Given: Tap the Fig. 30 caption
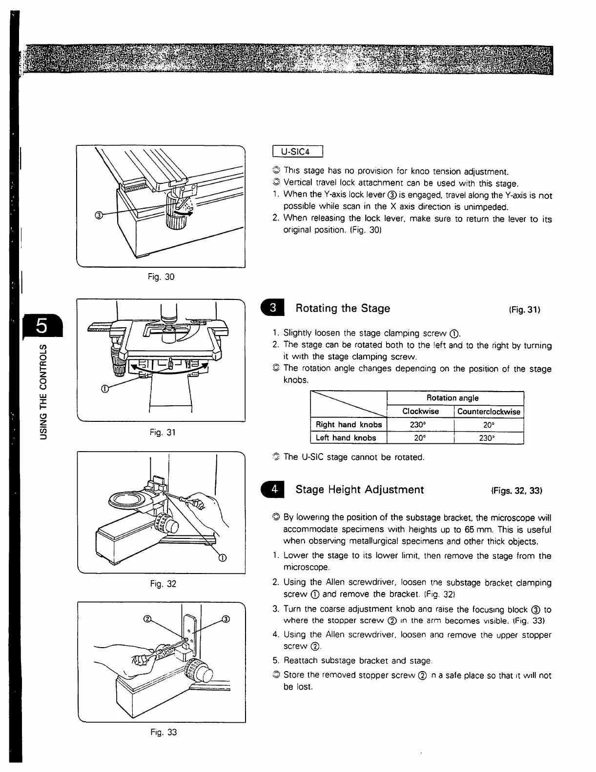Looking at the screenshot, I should pyautogui.click(x=161, y=277).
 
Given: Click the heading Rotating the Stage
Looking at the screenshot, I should pyautogui.click(x=343, y=309).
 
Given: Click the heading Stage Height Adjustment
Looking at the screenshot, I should pyautogui.click(x=360, y=490).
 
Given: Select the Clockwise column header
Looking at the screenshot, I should pyautogui.click(x=420, y=412).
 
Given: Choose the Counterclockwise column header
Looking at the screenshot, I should pyautogui.click(x=489, y=412).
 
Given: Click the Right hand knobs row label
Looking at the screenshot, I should pyautogui.click(x=349, y=425).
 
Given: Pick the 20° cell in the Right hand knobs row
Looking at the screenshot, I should pyautogui.click(x=489, y=425).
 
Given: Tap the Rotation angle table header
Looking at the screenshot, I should pyautogui.click(x=454, y=398).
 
